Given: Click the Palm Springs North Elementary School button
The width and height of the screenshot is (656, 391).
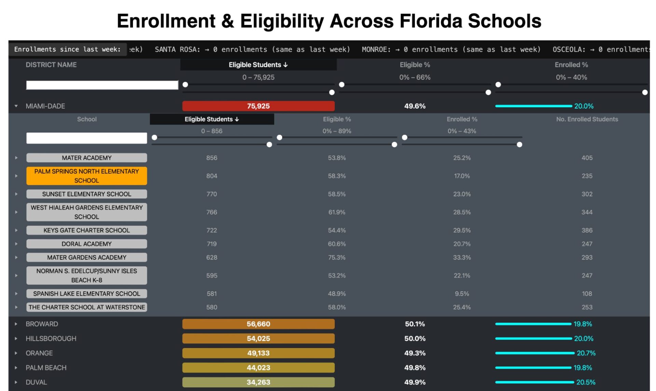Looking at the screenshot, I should point(86,176).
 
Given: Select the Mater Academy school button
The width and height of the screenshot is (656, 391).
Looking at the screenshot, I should point(86,158).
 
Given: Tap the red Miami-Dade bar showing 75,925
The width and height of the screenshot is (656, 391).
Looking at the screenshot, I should point(258,106).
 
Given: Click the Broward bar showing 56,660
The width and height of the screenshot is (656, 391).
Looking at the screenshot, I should point(258,324).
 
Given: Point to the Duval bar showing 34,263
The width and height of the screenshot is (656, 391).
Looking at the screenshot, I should point(258,382).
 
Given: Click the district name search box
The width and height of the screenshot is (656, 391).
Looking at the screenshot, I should point(102,85).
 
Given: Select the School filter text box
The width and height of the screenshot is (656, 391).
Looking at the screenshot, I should point(86,138).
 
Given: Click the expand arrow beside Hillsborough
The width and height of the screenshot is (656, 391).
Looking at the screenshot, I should point(16,339).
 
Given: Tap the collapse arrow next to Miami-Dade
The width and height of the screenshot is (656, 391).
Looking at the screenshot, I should point(16,106).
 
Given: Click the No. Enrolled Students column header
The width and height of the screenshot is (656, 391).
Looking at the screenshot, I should point(587,119).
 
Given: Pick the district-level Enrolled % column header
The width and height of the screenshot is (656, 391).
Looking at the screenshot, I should point(571,65).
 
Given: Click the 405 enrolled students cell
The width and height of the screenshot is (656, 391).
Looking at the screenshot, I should point(587,158).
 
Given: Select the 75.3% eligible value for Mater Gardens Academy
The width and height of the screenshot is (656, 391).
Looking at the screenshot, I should point(337,257).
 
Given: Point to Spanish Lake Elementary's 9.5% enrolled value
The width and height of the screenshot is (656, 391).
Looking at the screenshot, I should point(462,294).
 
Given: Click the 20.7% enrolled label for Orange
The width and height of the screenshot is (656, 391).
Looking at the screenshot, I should point(586,353).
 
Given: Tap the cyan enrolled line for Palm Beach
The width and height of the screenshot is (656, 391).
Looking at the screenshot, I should point(533,368).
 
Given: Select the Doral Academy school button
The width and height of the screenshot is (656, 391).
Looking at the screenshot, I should point(86,244).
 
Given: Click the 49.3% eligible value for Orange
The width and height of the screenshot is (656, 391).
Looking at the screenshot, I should point(415,353).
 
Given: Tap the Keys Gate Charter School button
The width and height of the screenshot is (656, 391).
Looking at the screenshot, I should point(86,231).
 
